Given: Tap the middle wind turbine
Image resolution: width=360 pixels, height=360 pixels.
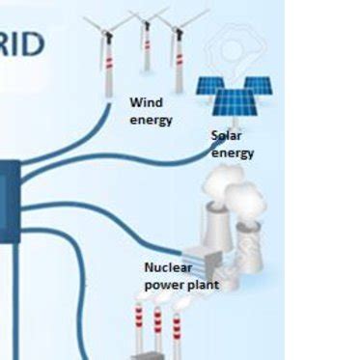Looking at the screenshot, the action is click(x=147, y=43).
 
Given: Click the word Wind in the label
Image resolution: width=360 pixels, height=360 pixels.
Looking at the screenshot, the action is click(x=146, y=102).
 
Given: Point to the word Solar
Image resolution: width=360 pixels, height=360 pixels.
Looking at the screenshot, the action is click(x=226, y=136).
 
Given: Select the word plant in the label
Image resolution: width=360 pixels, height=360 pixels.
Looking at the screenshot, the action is click(x=204, y=285).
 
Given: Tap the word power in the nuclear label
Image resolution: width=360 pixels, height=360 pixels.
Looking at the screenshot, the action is click(x=165, y=285).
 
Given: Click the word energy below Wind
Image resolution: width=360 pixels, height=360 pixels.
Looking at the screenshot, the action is click(x=151, y=120).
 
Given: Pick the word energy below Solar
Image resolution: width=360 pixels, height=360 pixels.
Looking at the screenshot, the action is click(x=233, y=152).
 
